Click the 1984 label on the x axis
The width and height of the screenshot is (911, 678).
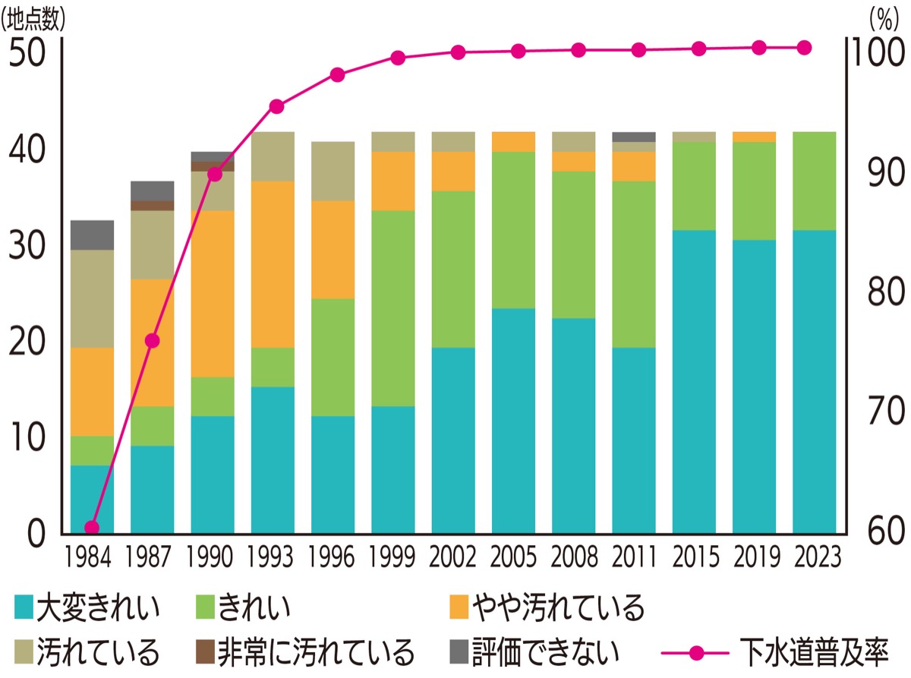click(x=91, y=558)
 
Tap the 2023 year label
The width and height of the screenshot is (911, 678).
click(x=814, y=558)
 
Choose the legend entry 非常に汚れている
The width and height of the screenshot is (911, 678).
click(x=304, y=651)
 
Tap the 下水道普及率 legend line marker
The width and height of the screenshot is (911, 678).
click(x=698, y=651)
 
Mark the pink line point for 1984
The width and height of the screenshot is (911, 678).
click(x=92, y=528)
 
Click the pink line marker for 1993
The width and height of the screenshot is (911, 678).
click(x=276, y=106)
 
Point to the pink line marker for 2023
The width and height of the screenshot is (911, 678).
click(x=805, y=48)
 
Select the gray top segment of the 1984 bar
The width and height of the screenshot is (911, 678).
click(x=92, y=235)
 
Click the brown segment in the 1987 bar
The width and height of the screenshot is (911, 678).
click(x=152, y=206)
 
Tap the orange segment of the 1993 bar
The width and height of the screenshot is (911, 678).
click(x=273, y=263)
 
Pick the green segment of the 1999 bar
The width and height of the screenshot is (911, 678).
click(x=392, y=307)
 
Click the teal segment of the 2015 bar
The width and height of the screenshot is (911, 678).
click(x=694, y=380)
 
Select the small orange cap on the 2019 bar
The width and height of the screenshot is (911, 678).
click(x=754, y=137)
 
